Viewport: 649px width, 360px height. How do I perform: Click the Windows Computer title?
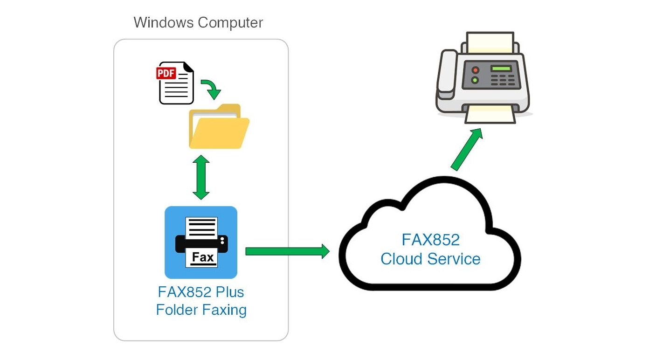198,22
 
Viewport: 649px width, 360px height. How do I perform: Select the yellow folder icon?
218,128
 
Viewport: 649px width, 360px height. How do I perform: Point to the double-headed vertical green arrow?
201,178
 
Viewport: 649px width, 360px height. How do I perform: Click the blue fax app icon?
201,242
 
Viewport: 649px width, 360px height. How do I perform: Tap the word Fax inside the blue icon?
203,257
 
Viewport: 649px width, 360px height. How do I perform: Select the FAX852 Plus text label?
201,292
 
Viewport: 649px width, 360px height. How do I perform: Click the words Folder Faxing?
201,310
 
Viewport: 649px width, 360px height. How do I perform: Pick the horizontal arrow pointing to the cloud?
287,251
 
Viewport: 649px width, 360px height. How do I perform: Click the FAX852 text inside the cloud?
430,240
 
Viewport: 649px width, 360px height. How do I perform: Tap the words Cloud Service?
430,259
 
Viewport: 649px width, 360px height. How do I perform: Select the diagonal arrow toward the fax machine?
466,149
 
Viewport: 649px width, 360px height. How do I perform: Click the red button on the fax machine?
475,70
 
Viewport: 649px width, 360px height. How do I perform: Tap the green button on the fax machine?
475,80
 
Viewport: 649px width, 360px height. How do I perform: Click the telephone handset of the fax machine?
448,75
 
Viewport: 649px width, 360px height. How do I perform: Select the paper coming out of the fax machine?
490,114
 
